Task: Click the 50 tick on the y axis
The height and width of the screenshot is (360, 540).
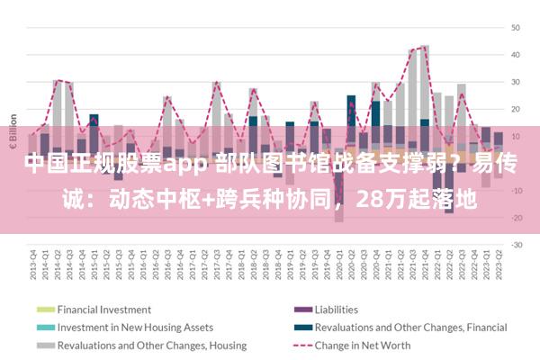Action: [517, 28]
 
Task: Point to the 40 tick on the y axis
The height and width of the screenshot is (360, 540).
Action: [517, 55]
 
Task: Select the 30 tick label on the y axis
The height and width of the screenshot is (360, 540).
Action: [517, 82]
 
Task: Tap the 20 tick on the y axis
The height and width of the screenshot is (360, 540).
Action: [517, 109]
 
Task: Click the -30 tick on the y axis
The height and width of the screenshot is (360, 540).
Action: [517, 245]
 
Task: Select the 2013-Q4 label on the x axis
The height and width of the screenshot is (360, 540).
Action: [32, 263]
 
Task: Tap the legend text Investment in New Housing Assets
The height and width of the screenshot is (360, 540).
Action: [135, 327]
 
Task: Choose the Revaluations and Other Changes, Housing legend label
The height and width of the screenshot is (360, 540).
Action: [152, 345]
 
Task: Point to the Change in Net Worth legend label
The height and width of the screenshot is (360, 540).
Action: [363, 345]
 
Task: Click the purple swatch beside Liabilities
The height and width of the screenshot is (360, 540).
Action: [299, 309]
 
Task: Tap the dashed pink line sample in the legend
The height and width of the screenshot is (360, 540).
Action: [299, 345]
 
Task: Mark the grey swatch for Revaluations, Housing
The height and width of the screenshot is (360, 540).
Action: [45, 345]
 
